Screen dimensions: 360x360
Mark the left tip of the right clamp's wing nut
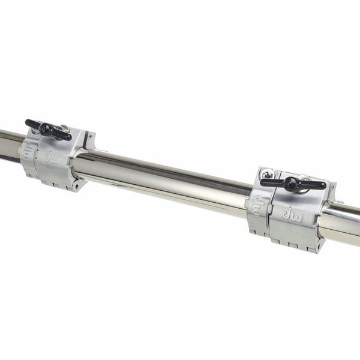coord(263,181)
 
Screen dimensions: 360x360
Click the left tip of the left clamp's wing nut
coord(28,122)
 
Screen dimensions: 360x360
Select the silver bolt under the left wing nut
coord(64,128)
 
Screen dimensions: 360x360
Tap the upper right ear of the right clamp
coord(330,192)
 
